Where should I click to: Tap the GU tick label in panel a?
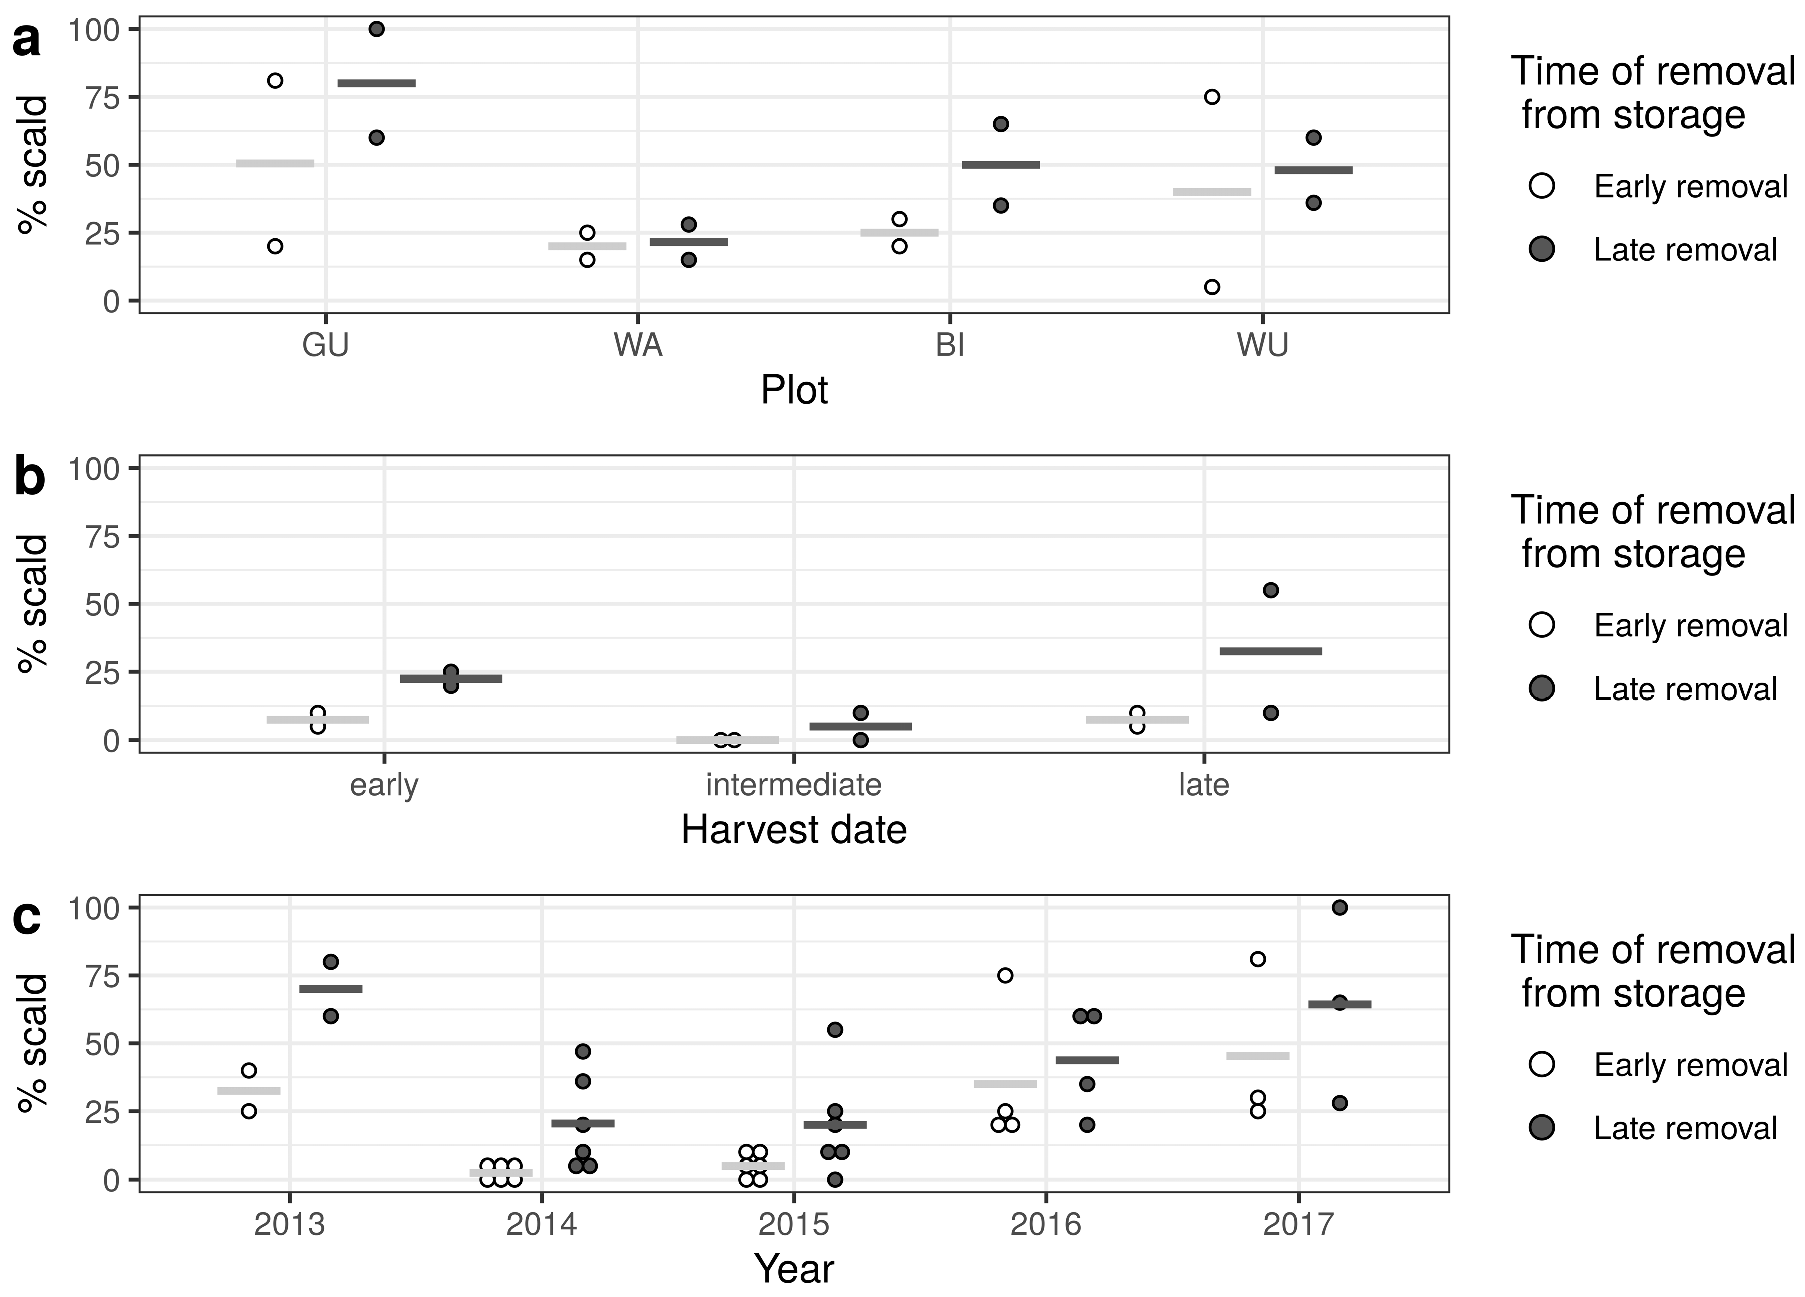point(325,346)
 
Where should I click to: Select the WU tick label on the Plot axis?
point(1262,346)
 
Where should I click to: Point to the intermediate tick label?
point(793,785)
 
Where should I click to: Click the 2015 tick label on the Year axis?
point(793,1225)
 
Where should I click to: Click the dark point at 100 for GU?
point(377,29)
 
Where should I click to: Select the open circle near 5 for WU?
point(1212,287)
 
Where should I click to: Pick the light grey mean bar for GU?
point(275,164)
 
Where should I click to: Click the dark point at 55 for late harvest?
point(1271,590)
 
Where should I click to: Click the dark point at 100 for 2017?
point(1340,908)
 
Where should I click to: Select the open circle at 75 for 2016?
point(1005,976)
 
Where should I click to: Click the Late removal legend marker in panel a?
point(1542,250)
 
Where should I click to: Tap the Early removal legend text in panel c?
point(1691,1065)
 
